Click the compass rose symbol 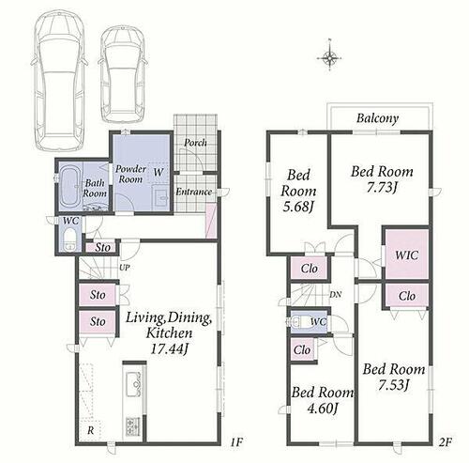[x=329, y=58]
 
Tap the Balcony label [x=377, y=118]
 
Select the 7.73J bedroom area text [x=382, y=188]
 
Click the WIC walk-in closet [x=407, y=255]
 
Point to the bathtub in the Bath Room [x=70, y=187]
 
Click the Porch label [x=195, y=143]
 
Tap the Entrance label [x=193, y=192]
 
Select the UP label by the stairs [x=125, y=268]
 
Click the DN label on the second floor [x=336, y=295]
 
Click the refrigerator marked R [x=90, y=430]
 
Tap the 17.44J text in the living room [x=169, y=348]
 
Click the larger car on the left [x=59, y=80]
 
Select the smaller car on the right [x=123, y=74]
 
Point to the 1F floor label [x=236, y=442]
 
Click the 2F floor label [x=446, y=442]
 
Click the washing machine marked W [x=159, y=172]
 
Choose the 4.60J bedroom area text [x=322, y=409]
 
